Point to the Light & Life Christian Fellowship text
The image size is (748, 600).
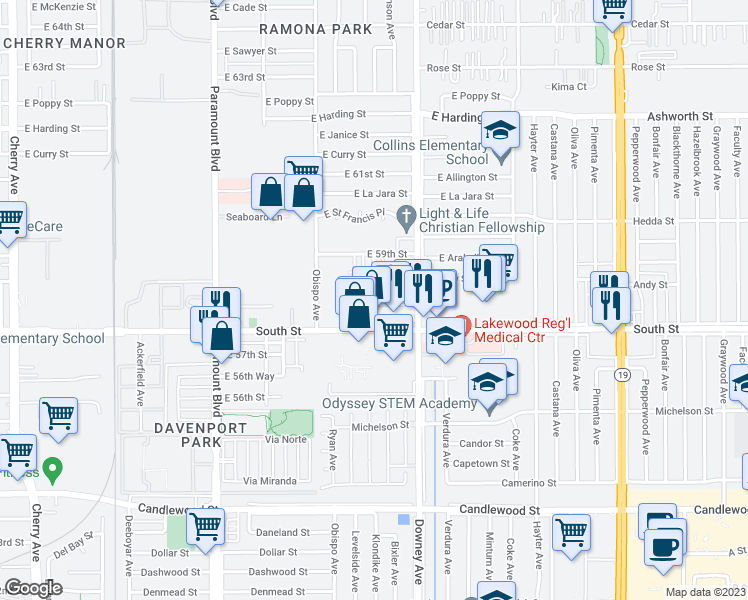pos(482,220)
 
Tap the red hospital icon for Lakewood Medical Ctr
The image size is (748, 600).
pos(462,323)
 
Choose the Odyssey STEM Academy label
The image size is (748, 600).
pos(398,404)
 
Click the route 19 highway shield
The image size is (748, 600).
pos(621,374)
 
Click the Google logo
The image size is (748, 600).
pos(33,588)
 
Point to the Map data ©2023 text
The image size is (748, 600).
pos(704,592)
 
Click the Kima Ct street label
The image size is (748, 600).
pos(569,87)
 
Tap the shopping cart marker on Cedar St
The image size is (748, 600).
pos(612,8)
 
